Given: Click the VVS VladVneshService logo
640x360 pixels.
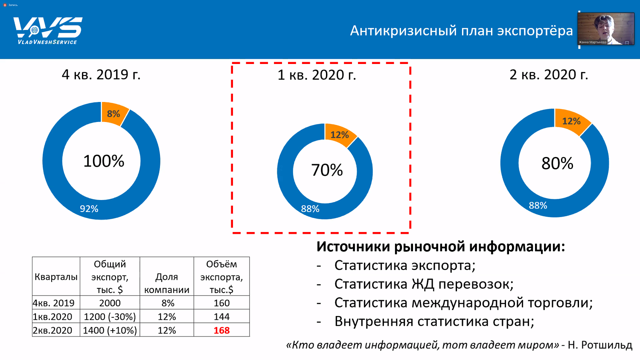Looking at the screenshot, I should tap(47, 30).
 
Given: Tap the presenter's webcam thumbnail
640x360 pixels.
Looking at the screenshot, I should tap(605, 29).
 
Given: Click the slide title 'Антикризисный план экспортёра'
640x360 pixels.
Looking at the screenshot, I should tap(461, 31).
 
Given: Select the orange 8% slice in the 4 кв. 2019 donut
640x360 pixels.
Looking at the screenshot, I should tap(114, 113).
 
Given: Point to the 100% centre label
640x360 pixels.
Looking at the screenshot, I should tap(104, 161).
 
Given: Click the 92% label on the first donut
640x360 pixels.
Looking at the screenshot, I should tap(89, 209).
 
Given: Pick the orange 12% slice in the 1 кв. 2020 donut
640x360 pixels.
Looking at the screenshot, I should tap(340, 135).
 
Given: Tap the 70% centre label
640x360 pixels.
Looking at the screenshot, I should tap(327, 170).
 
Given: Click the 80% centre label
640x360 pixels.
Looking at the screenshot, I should tap(557, 163).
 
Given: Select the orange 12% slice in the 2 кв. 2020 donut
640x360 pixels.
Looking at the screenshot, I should tap(571, 121).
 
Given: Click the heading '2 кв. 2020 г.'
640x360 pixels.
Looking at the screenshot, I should tap(549, 75).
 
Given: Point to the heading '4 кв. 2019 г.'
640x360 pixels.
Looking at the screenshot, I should tap(101, 75).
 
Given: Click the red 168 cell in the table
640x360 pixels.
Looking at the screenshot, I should tap(221, 330).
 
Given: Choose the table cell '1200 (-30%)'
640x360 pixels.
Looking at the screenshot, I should tap(110, 316).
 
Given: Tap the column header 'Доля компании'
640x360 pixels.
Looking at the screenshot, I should tap(166, 283).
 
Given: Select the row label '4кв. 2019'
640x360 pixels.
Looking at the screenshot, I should tap(54, 303).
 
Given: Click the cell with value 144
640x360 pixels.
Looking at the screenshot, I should tap(221, 316).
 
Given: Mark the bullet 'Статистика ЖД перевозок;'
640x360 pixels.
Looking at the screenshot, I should tap(424, 284).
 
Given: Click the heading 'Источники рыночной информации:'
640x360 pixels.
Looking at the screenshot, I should tap(440, 247).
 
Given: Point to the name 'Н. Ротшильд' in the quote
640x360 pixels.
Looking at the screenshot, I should tap(600, 345).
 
